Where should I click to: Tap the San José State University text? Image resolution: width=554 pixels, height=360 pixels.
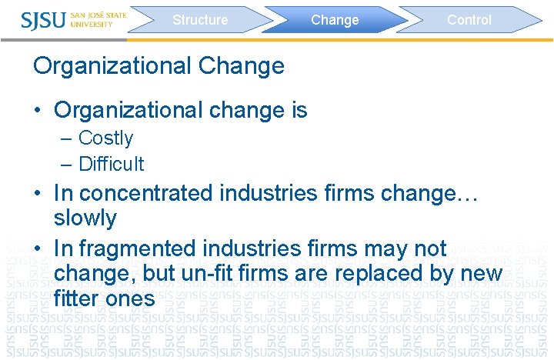click(98, 19)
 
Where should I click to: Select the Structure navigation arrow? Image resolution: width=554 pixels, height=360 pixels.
click(200, 20)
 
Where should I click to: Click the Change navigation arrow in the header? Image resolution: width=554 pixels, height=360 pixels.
click(335, 20)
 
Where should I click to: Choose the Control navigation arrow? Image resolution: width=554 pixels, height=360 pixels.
click(469, 20)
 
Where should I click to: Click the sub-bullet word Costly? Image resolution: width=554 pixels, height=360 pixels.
click(105, 138)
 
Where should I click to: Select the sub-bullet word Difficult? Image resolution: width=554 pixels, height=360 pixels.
click(111, 164)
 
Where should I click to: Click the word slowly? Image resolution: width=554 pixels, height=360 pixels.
click(85, 218)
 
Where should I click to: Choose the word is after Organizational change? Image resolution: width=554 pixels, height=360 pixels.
click(299, 111)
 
